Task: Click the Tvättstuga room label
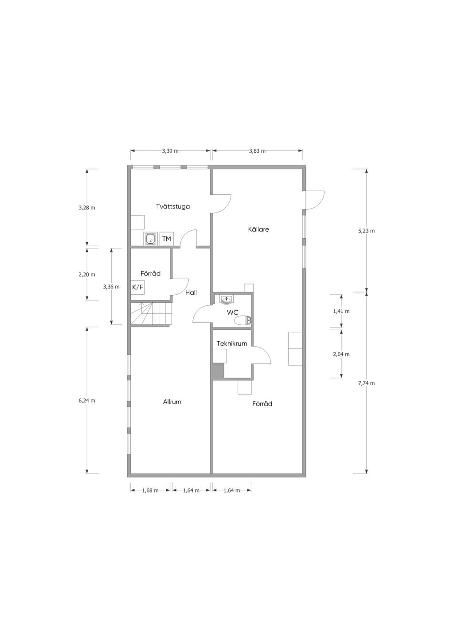(172, 206)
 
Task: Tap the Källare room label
(258, 229)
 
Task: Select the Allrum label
(172, 402)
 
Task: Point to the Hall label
(191, 292)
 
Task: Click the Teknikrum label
(232, 343)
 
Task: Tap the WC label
(232, 312)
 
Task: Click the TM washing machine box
(167, 239)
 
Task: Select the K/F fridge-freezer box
(137, 287)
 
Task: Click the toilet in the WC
(243, 320)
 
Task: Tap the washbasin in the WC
(227, 300)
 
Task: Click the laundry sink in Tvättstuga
(150, 239)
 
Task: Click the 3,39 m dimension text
(170, 151)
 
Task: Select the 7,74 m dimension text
(366, 383)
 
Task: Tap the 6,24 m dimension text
(87, 400)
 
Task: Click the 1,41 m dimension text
(341, 311)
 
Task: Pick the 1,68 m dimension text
(150, 490)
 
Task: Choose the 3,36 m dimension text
(111, 287)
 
